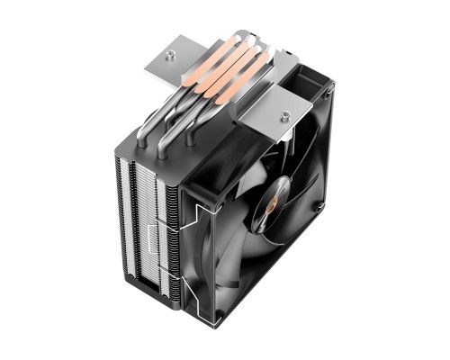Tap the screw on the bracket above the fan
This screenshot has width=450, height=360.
point(285,117)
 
